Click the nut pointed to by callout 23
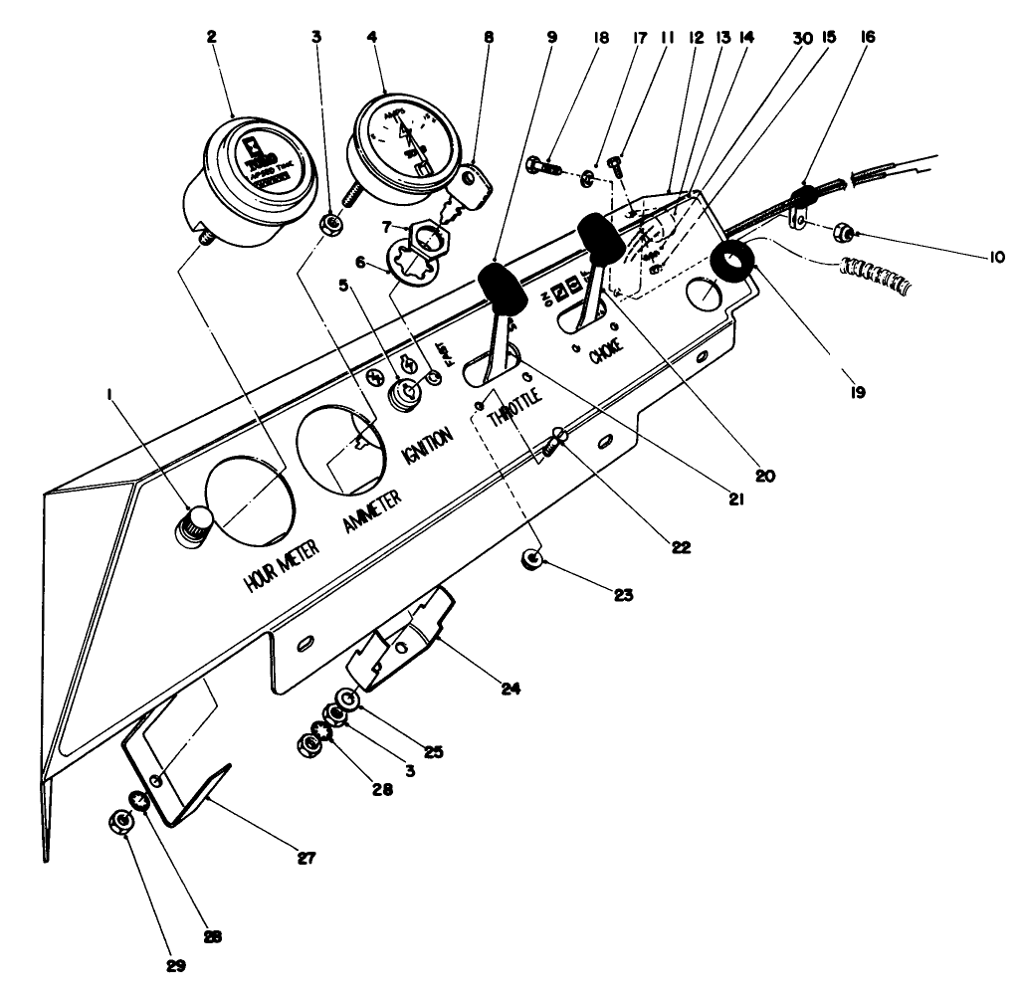533,563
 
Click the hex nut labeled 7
435,239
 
